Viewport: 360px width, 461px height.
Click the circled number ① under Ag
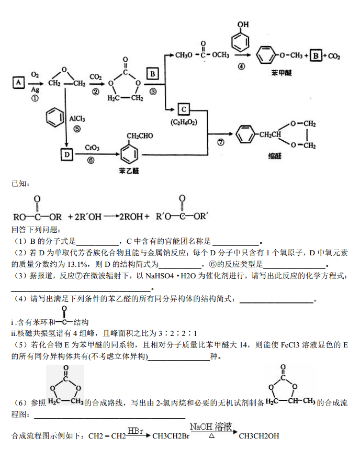coord(35,98)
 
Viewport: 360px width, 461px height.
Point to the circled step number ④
coord(241,66)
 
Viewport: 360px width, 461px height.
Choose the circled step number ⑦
coord(220,142)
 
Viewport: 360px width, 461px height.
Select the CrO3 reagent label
coord(92,148)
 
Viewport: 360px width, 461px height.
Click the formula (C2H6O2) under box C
coord(184,122)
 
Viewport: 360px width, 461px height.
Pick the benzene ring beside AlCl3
coord(53,118)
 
